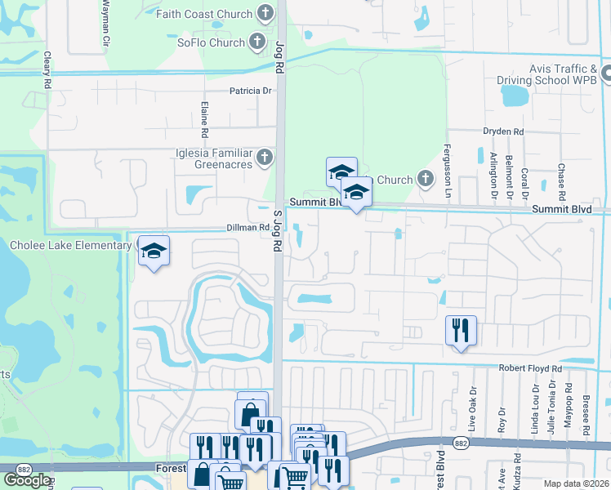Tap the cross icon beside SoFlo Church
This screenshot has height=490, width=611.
256,42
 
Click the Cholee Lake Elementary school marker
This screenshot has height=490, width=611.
153,252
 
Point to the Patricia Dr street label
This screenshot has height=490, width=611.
250,91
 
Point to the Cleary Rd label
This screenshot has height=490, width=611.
48,71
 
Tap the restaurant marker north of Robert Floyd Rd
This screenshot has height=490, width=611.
461,331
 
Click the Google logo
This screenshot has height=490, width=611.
27,480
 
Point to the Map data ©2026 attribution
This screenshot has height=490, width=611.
577,483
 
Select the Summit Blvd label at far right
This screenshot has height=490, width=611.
561,210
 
